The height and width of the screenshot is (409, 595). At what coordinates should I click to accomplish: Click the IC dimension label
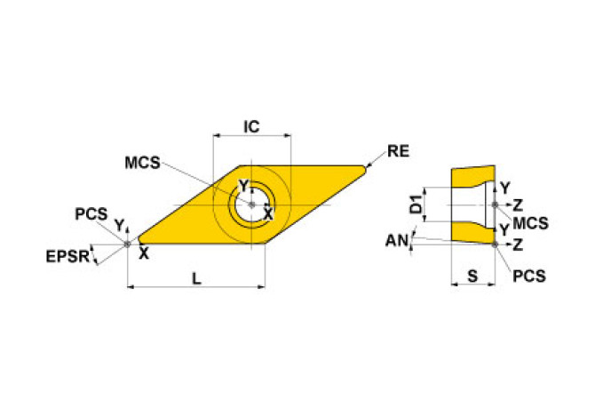(251, 127)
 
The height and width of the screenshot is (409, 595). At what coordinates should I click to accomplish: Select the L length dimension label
(196, 278)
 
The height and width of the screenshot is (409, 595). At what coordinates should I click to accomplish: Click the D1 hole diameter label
(415, 206)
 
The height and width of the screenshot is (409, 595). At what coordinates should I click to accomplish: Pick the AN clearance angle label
(397, 240)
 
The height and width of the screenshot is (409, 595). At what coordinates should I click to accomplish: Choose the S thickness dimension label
(472, 277)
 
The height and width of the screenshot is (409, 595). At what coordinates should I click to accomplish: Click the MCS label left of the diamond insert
(142, 163)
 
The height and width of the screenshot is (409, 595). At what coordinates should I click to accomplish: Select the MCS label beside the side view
(530, 221)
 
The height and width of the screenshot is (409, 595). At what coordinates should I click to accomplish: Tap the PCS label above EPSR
(91, 214)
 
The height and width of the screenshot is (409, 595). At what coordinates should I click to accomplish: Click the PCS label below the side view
(529, 276)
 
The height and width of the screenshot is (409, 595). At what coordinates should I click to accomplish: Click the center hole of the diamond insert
(251, 205)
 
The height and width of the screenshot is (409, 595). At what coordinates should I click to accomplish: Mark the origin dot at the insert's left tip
(129, 241)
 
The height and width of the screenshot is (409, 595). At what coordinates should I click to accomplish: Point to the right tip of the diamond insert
(364, 166)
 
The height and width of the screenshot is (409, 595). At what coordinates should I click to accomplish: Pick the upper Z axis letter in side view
(518, 205)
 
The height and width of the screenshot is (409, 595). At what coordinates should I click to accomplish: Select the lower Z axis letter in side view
(518, 243)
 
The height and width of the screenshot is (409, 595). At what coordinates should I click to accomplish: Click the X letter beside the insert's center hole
(266, 214)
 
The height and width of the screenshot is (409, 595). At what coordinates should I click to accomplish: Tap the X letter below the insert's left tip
(144, 253)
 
